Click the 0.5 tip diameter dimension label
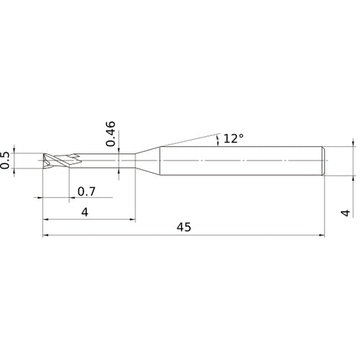coord(6,160)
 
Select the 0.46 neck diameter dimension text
coord(110,133)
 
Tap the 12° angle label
coord(233,138)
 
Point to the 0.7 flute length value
coord(86,192)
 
